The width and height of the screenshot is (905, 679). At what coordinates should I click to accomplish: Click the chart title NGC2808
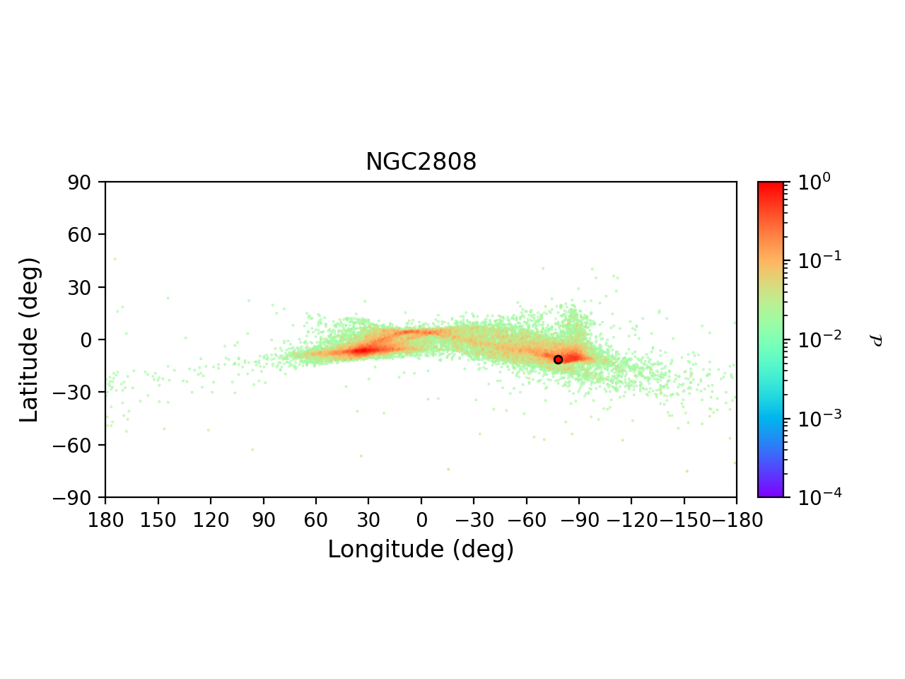(x=421, y=163)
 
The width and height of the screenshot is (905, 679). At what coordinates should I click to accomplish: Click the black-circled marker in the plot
(x=558, y=359)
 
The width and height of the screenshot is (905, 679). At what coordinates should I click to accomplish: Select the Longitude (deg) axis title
(x=421, y=550)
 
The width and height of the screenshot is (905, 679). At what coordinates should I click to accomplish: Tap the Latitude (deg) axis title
(x=29, y=339)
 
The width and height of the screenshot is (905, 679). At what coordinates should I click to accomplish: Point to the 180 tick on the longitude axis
(x=105, y=521)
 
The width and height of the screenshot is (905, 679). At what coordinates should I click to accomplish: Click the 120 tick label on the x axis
(x=211, y=521)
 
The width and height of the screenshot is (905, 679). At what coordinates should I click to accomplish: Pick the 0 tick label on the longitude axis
(x=421, y=521)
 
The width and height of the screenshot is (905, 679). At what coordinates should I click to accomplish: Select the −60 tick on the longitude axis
(x=526, y=521)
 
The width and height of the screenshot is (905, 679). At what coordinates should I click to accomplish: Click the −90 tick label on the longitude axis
(x=579, y=521)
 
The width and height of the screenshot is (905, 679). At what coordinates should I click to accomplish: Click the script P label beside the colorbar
(x=877, y=340)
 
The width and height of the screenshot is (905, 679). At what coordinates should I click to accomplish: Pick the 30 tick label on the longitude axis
(x=368, y=521)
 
